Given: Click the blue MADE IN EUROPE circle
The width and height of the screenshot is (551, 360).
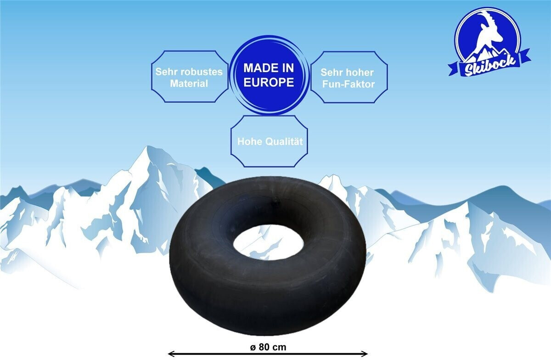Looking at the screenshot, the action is coord(269,75).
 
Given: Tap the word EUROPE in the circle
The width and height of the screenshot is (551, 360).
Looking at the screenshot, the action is coord(269,82).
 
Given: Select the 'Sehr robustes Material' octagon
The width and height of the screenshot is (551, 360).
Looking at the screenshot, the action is coord(189,77).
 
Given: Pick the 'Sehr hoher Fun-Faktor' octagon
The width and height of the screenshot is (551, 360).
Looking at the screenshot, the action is coord(348,77).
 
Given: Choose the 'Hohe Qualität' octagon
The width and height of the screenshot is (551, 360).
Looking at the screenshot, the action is coord(270,141).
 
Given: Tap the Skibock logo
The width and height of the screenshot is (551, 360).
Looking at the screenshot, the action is coord(488,41).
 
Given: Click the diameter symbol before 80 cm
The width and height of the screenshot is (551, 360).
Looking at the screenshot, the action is coord(253,347).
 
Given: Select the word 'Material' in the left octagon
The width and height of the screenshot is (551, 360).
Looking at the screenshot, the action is coord(189,84).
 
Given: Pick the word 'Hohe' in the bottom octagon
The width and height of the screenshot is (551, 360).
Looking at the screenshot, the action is coord(248,141).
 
